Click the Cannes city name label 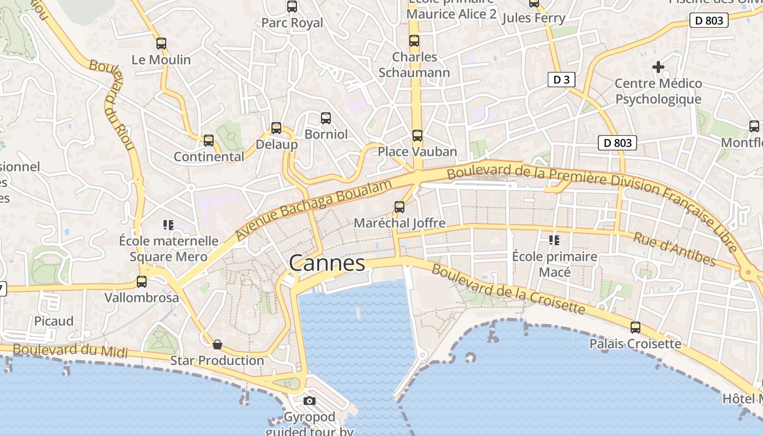tap(327, 263)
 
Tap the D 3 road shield tap(561, 80)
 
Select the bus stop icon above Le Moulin tap(161, 44)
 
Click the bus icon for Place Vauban tap(417, 135)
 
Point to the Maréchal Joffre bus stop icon tap(399, 207)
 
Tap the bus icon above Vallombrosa tap(142, 281)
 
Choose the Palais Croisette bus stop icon tap(635, 327)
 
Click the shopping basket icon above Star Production tap(217, 344)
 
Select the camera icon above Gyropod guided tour tap(310, 401)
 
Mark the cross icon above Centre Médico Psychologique tap(658, 67)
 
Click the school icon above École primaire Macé tap(554, 240)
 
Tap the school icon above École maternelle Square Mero tap(168, 225)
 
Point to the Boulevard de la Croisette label tap(507, 290)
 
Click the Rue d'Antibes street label tap(674, 249)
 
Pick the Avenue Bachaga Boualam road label tap(314, 210)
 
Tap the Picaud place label tap(54, 321)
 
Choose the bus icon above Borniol tap(326, 118)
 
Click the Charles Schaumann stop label tap(414, 65)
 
